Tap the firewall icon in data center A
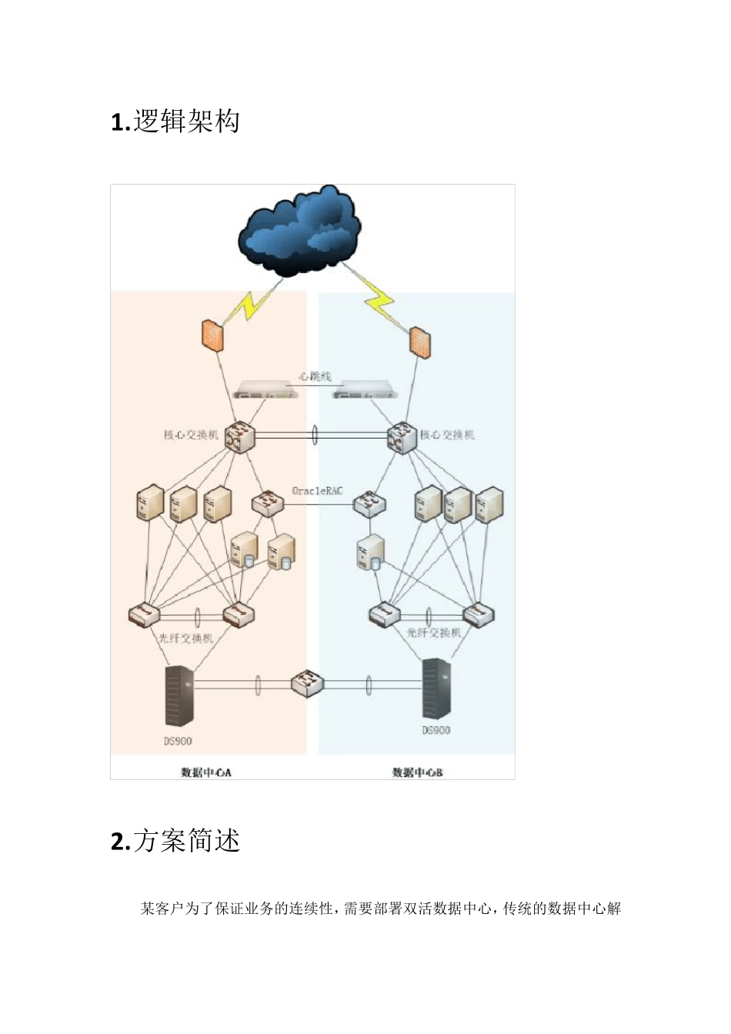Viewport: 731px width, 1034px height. (212, 335)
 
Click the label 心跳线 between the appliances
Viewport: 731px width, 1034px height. (315, 376)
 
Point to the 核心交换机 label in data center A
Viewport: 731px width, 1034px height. (190, 435)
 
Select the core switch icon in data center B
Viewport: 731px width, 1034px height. (402, 438)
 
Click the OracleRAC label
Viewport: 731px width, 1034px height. (317, 490)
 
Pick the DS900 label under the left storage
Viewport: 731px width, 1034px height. (178, 741)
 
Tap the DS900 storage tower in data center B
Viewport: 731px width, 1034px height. (436, 689)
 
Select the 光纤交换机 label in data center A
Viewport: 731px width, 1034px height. (185, 638)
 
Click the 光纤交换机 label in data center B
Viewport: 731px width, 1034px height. (434, 632)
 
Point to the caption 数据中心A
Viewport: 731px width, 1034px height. (205, 772)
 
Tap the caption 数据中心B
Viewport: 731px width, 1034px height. (417, 772)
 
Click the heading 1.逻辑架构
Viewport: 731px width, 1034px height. (175, 122)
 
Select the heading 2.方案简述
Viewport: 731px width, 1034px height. (175, 841)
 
